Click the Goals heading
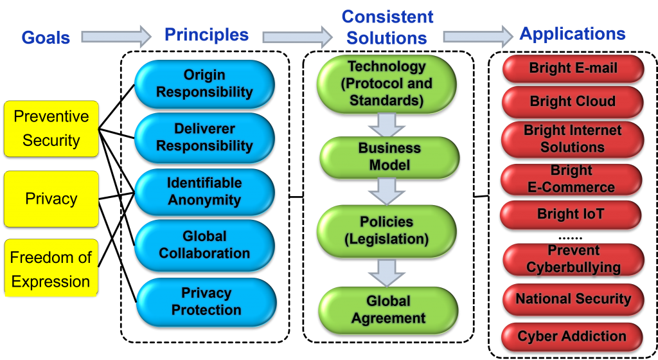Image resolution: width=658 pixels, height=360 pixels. pyautogui.click(x=46, y=37)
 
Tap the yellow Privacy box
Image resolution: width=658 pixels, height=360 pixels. pyautogui.click(x=51, y=199)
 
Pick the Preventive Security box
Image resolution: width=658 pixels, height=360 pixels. pyautogui.click(x=51, y=129)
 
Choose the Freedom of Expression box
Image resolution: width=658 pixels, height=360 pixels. pyautogui.click(x=51, y=269)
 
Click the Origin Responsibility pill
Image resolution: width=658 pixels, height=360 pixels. pyautogui.click(x=204, y=84)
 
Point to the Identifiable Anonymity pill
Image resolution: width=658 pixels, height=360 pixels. pyautogui.click(x=204, y=192)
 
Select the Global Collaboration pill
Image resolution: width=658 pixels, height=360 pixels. pyautogui.click(x=204, y=245)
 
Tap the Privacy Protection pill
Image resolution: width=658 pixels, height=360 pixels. pyautogui.click(x=206, y=301)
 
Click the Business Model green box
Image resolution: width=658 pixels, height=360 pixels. pyautogui.click(x=389, y=157)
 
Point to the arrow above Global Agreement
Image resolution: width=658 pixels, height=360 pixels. pyautogui.click(x=387, y=272)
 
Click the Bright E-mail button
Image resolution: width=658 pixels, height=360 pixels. pyautogui.click(x=573, y=69)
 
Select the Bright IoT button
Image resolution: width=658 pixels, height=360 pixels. pyautogui.click(x=571, y=215)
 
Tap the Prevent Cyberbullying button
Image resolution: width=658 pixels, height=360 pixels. pyautogui.click(x=573, y=259)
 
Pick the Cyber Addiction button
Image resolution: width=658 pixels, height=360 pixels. pyautogui.click(x=572, y=336)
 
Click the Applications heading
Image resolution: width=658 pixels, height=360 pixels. pyautogui.click(x=573, y=34)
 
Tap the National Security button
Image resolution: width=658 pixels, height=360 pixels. pyautogui.click(x=573, y=299)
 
